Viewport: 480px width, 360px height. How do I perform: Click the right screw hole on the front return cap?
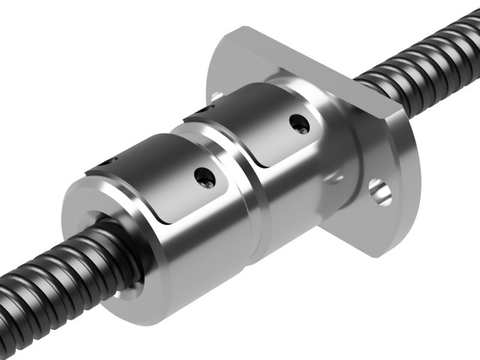(205, 178)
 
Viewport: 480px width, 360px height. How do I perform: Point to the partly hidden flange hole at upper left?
(217, 96)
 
